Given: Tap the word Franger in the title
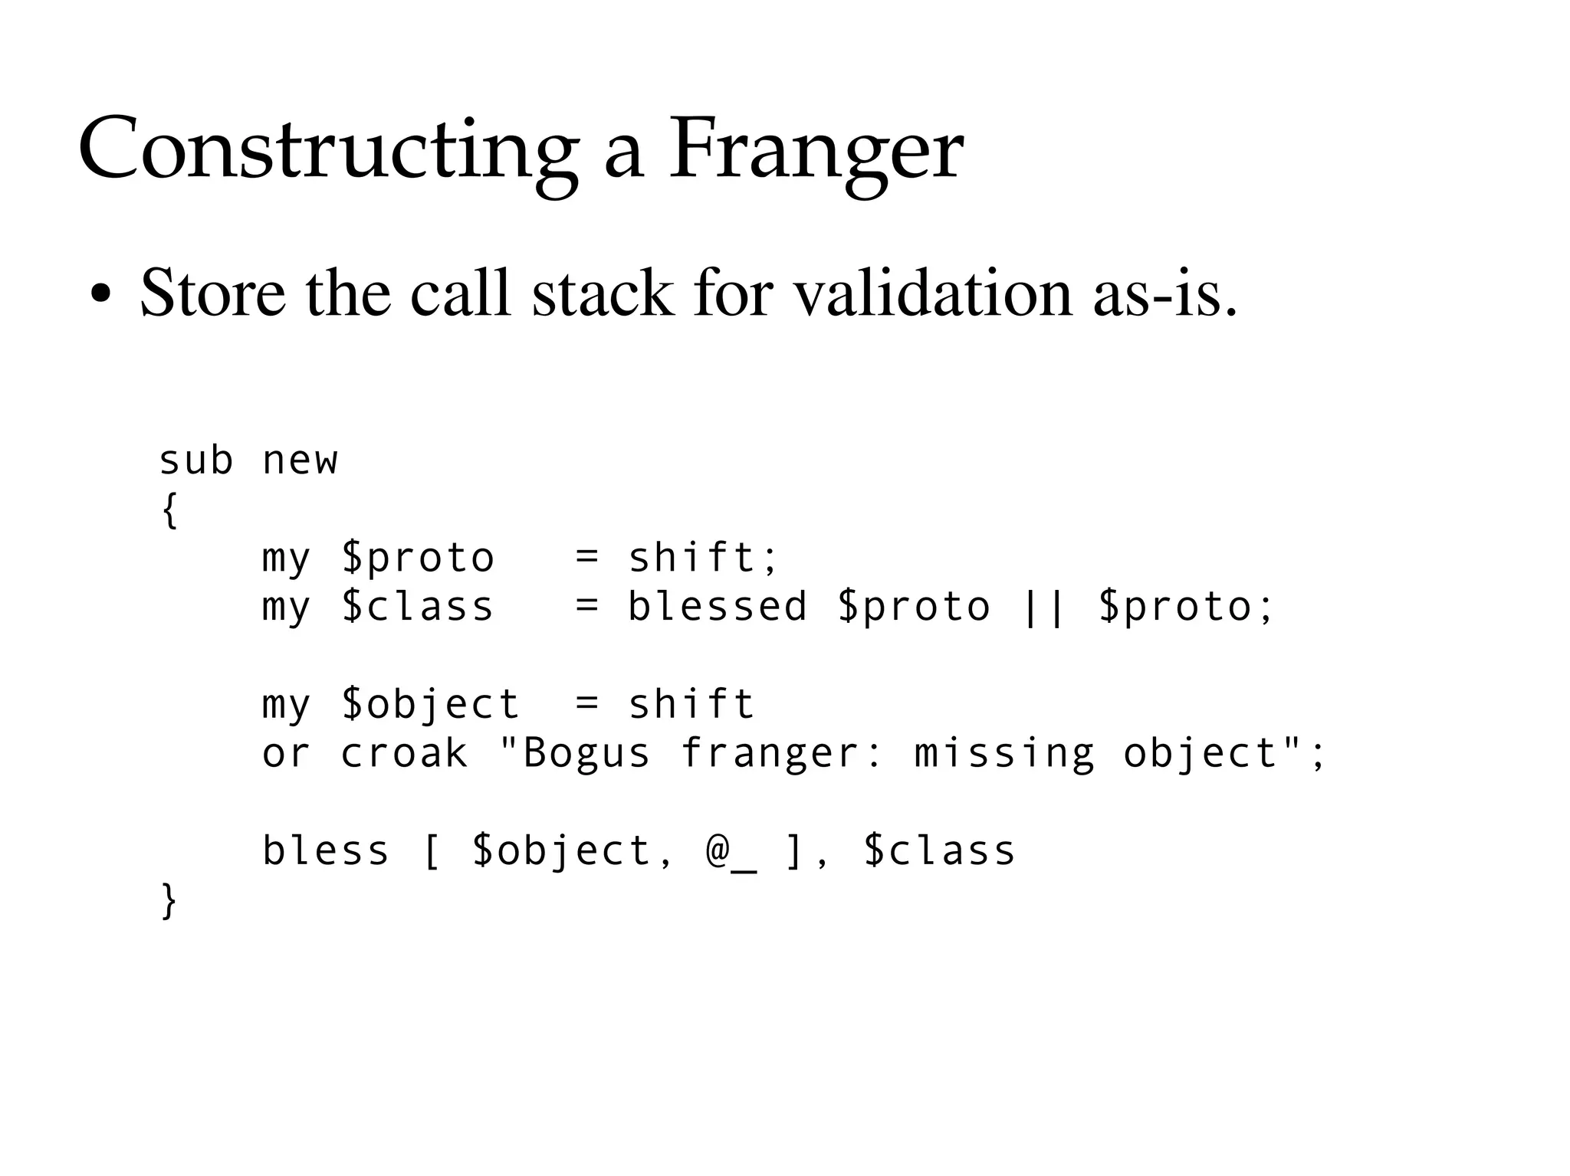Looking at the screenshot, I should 816,149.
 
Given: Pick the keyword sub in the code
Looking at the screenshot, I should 195,461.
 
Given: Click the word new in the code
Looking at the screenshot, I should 300,461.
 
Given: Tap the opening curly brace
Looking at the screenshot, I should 169,510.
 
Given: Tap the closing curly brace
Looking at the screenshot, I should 169,901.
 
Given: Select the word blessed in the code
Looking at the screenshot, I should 718,607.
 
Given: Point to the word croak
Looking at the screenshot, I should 404,753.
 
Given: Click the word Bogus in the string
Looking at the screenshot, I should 586,753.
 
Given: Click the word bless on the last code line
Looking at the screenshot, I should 326,851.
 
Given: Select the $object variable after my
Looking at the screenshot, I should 430,705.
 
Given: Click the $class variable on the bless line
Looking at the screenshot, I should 940,851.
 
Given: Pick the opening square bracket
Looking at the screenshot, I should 431,851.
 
